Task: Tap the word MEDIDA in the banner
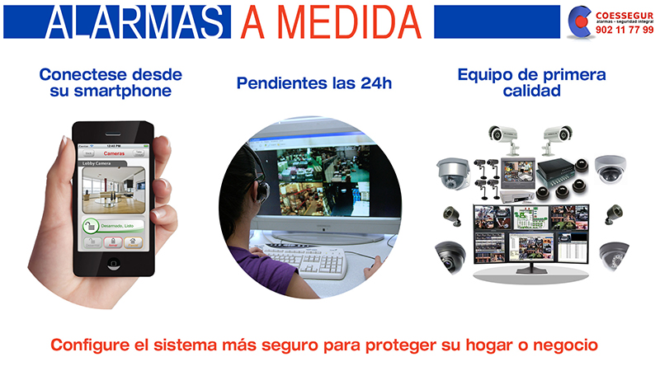[351, 23]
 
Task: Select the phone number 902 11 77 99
[624, 31]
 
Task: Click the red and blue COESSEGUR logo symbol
[580, 22]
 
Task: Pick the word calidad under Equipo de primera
[532, 92]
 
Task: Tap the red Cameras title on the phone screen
[114, 153]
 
